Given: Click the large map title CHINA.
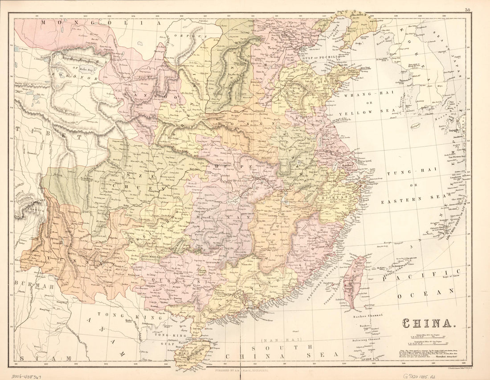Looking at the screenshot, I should click(x=429, y=323).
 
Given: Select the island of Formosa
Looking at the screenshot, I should click(x=354, y=281).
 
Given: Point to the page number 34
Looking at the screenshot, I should click(x=468, y=9).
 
